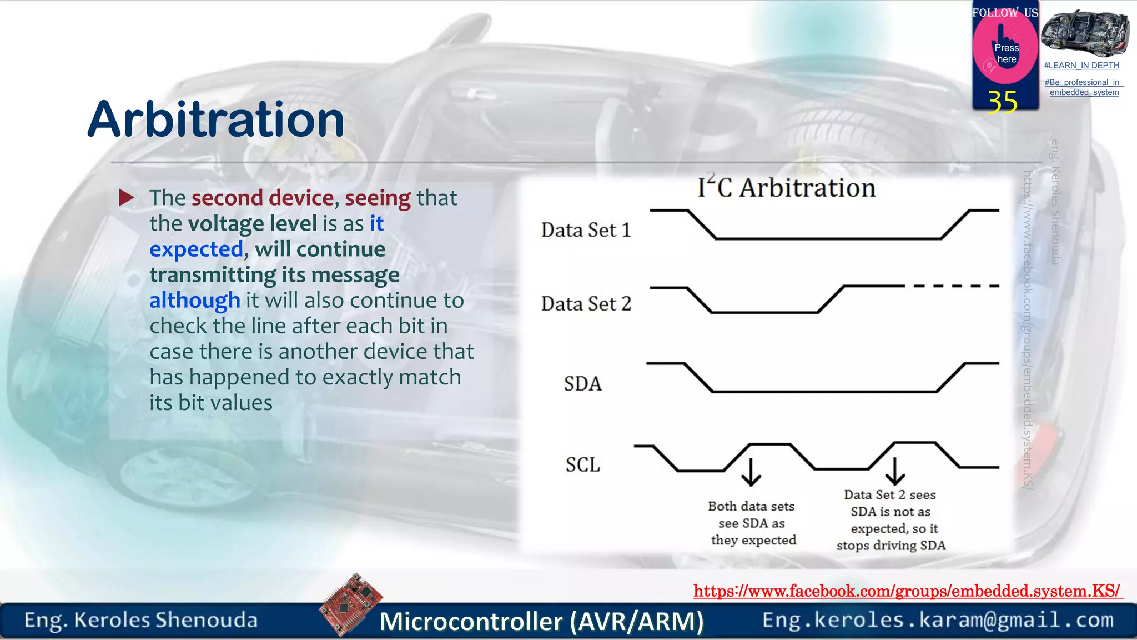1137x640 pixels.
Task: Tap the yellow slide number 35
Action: click(1002, 102)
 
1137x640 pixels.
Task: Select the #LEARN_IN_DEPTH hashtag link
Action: click(1081, 66)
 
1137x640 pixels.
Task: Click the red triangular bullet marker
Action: click(127, 197)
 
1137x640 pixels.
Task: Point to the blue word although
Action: click(194, 301)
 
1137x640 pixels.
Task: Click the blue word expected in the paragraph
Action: click(196, 249)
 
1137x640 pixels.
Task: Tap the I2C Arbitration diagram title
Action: click(786, 188)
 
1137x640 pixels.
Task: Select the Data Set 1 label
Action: click(586, 230)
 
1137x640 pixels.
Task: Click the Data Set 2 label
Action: click(586, 304)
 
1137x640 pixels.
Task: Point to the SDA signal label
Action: click(582, 384)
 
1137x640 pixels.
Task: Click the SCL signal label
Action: click(582, 464)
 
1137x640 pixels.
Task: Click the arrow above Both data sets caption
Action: click(751, 472)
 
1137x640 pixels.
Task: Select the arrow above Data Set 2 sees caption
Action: click(895, 471)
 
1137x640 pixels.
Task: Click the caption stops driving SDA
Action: click(891, 546)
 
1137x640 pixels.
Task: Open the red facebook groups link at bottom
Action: click(907, 591)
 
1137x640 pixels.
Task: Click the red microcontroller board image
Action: click(351, 604)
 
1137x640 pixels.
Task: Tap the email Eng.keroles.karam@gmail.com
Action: click(938, 620)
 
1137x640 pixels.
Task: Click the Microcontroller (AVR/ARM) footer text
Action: click(541, 621)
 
